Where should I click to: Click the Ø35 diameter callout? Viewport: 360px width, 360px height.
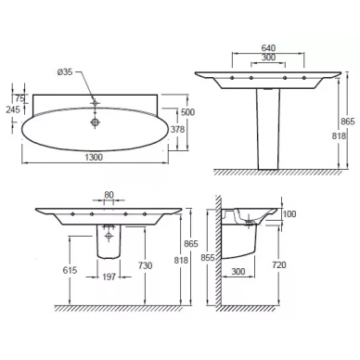tap(65, 72)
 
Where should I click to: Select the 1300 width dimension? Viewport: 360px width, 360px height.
tap(94, 157)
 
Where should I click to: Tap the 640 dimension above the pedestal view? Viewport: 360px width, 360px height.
tap(268, 48)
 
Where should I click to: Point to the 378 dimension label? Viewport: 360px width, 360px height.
tap(177, 129)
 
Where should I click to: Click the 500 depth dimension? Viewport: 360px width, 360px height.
tap(187, 112)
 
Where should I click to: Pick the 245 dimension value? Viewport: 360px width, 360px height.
tap(13, 109)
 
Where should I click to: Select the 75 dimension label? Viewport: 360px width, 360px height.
tap(19, 98)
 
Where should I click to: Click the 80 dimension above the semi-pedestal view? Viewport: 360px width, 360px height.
tap(109, 195)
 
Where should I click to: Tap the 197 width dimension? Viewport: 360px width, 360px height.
tap(109, 276)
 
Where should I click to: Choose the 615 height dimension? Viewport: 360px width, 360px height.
tap(70, 270)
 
